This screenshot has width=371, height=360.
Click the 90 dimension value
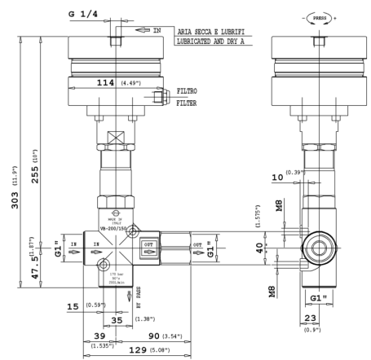pos(156,334)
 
